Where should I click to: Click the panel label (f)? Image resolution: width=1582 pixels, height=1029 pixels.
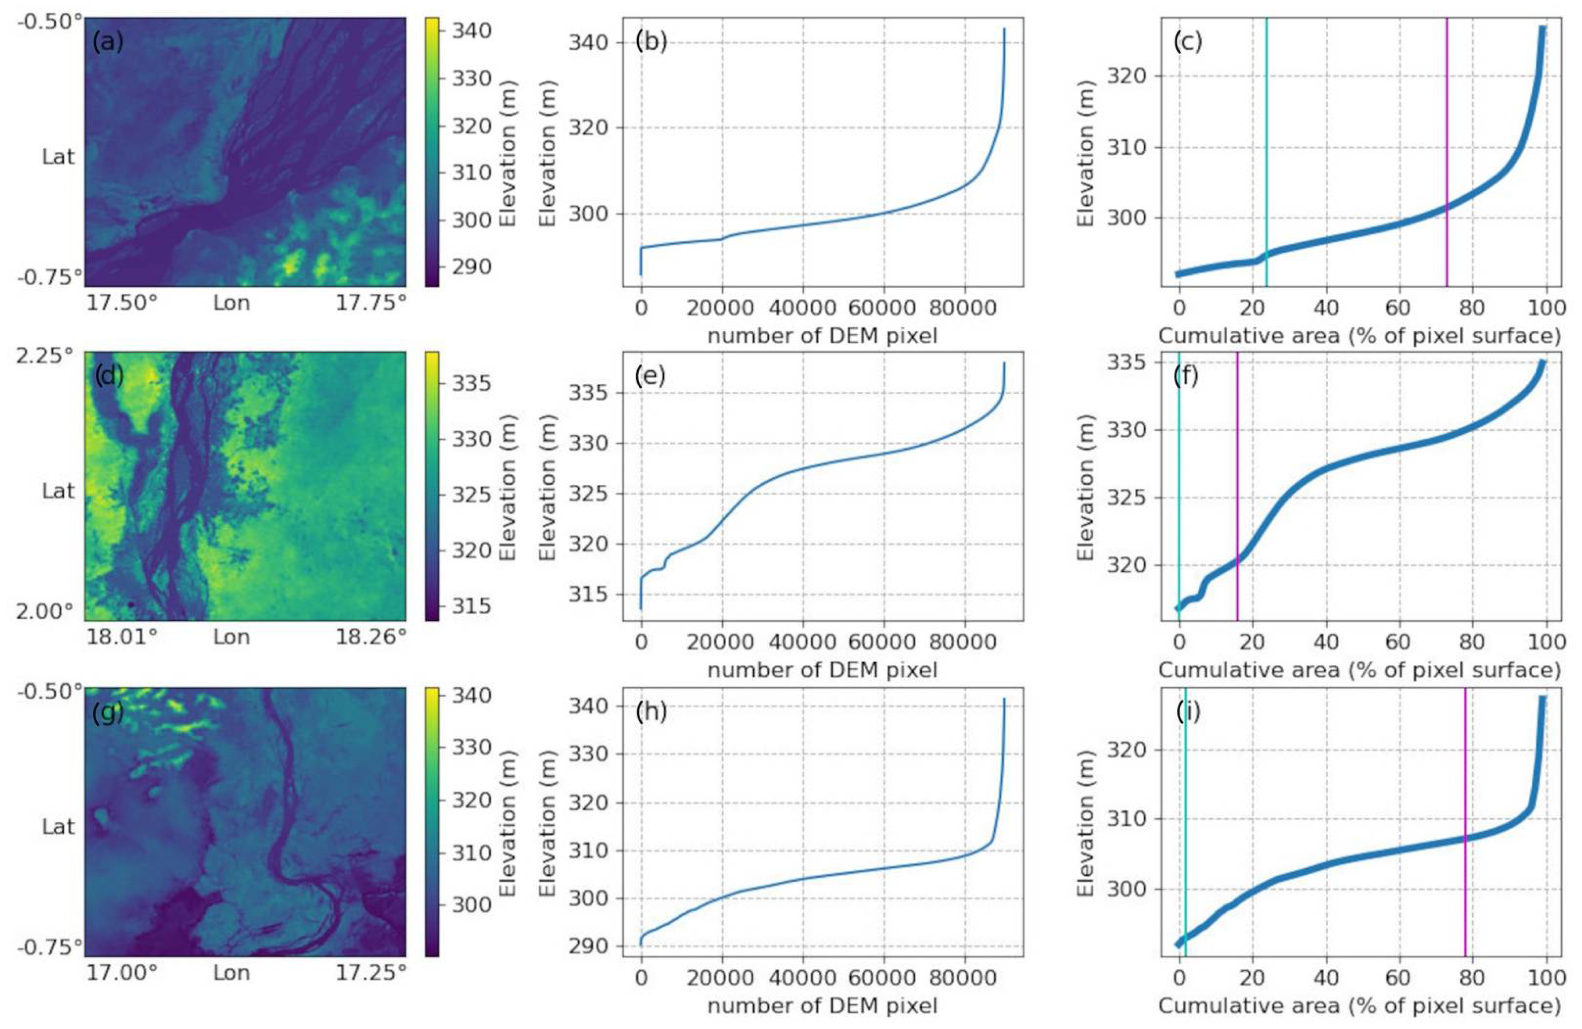(1187, 376)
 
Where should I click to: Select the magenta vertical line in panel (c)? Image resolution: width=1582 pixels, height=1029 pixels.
(1447, 153)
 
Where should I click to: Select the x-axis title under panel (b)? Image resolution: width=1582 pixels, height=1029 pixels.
(822, 336)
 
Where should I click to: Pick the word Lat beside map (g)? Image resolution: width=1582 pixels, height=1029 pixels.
(59, 826)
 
